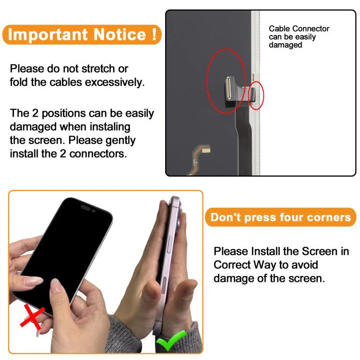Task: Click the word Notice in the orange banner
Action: point(120,35)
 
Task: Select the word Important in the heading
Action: point(48,35)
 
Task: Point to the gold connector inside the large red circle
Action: point(228,88)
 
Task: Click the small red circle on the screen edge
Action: point(256,96)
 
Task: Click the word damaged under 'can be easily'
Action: point(286,45)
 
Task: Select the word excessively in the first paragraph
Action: point(115,83)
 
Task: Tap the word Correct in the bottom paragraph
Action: point(232,264)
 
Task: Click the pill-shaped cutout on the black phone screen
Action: point(85,207)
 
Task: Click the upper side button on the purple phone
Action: point(169,244)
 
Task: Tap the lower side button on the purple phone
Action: point(164,285)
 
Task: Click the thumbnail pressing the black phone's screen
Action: point(55,286)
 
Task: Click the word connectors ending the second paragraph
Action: point(98,154)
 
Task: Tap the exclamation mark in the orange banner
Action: point(154,34)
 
